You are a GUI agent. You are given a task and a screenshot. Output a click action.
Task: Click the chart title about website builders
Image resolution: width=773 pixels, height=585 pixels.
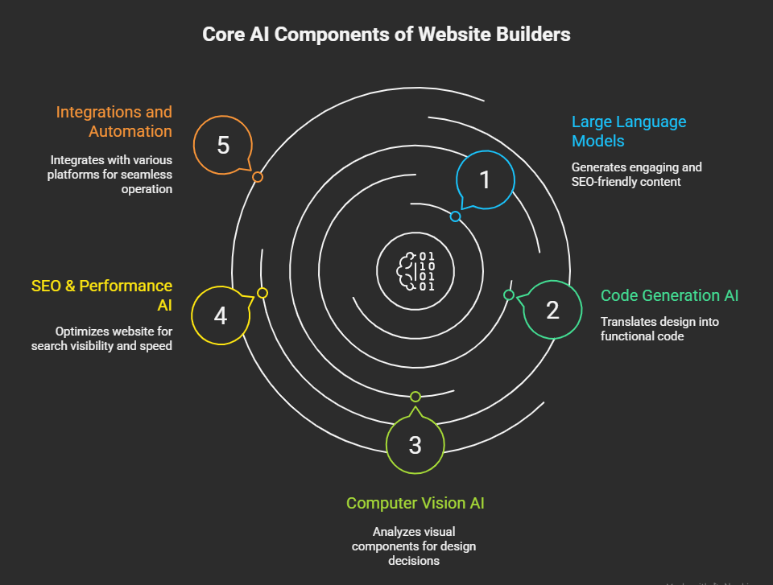coord(386,34)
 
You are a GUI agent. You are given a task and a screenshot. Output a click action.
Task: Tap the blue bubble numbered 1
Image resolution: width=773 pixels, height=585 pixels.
coord(485,180)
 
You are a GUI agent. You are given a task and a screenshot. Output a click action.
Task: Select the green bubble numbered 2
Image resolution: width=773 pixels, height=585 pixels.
coord(552,310)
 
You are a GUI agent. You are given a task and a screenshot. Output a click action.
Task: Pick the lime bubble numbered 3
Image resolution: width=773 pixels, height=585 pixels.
coord(415,444)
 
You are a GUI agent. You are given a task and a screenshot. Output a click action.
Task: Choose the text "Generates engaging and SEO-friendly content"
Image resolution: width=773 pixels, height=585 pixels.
coord(636,175)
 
